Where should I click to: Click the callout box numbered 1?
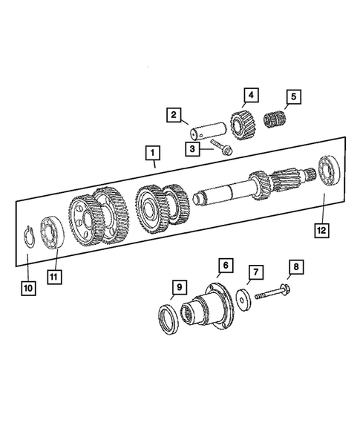(152, 154)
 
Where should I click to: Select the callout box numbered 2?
(173, 115)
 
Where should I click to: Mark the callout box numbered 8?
(295, 266)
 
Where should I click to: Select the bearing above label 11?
(53, 231)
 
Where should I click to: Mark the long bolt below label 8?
(275, 293)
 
